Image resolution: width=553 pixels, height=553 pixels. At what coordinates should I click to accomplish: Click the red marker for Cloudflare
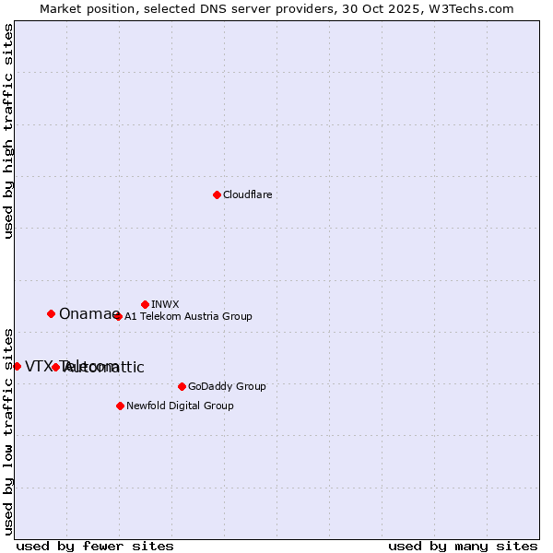pos(217,194)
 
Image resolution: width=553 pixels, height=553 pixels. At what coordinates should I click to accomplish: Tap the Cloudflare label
pos(247,195)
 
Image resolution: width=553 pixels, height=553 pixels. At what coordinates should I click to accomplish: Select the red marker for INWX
pos(145,304)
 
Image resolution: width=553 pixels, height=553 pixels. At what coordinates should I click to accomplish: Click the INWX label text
pos(165,304)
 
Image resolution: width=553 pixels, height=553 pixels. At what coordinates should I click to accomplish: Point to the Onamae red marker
pos(51,313)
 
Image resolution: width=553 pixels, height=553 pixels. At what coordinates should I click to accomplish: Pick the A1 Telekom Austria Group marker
pos(118,316)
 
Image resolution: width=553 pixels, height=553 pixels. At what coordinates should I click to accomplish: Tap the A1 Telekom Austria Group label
pos(188,317)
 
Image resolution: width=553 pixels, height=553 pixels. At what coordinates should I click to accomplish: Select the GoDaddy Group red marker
pos(182,386)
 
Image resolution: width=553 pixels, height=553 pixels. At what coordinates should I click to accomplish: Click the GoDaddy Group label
pos(226,387)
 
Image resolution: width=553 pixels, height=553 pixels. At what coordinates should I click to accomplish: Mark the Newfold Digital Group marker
pos(120,406)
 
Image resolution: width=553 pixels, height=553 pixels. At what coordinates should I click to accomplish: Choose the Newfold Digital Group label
pos(180,406)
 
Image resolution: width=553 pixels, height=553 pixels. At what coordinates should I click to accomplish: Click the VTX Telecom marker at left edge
pos(17,366)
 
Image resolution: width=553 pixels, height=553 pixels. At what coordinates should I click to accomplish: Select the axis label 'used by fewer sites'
pos(95,546)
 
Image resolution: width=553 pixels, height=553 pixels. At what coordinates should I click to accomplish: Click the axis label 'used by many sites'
pos(463,546)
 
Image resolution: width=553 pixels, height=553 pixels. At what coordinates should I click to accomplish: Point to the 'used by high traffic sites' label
pos(8,131)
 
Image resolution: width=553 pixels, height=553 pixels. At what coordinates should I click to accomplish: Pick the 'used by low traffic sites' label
pos(8,431)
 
